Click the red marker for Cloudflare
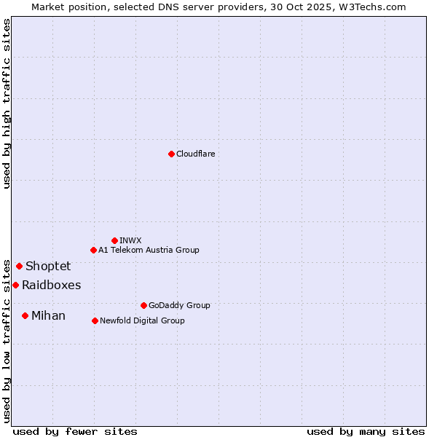(171, 154)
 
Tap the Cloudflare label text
(195, 154)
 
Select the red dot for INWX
(114, 240)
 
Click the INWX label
(130, 240)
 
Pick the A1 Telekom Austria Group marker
(93, 250)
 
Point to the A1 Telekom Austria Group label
(149, 250)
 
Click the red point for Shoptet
(19, 266)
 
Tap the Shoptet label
(48, 266)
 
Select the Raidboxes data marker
(15, 285)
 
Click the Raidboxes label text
(51, 285)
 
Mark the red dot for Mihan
(25, 315)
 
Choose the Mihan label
(48, 315)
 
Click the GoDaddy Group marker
(143, 305)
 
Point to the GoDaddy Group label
(179, 305)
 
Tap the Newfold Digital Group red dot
(95, 320)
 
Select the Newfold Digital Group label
(142, 320)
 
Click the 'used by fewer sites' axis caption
(74, 431)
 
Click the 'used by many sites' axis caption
(366, 431)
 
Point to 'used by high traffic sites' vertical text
(7, 103)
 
